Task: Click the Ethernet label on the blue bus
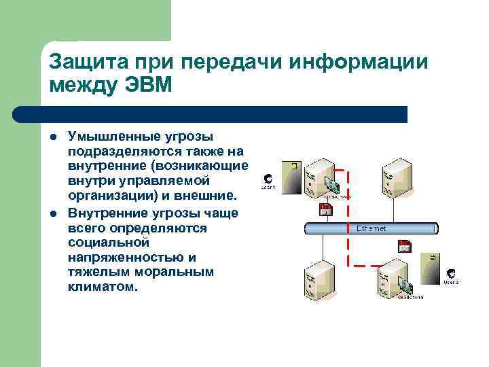point(371,229)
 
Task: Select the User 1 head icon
point(268,179)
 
